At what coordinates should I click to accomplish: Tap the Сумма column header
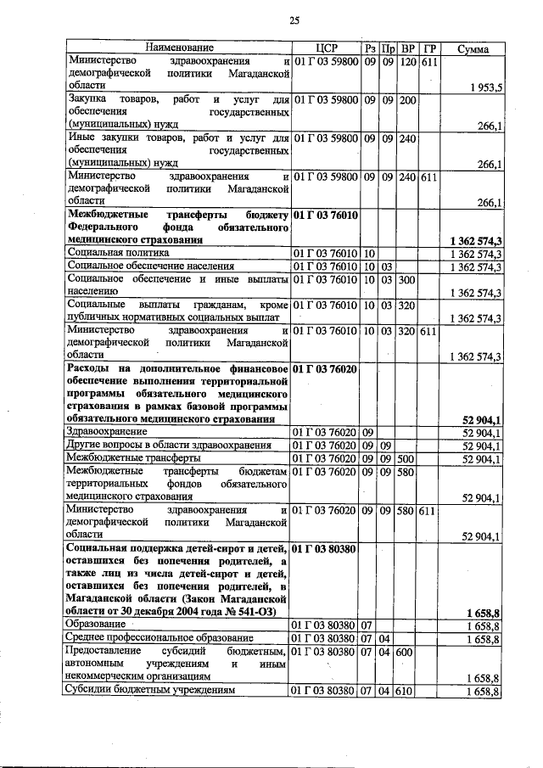(x=472, y=48)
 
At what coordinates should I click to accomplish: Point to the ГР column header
(x=429, y=48)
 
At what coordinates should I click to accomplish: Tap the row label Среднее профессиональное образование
(x=160, y=638)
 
